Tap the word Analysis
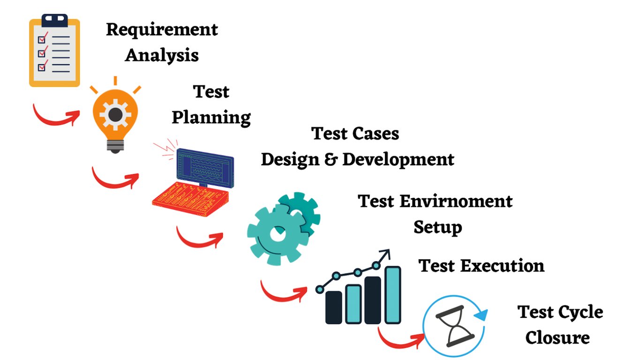162,55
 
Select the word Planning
211,118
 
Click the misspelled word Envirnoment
456,201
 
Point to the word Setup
438,227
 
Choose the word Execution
502,266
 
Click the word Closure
558,337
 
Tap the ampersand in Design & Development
331,159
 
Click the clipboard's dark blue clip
54,20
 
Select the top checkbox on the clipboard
41,39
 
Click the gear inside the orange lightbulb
115,115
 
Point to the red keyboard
190,199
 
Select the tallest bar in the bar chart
393,295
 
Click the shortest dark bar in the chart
334,307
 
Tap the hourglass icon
455,326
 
